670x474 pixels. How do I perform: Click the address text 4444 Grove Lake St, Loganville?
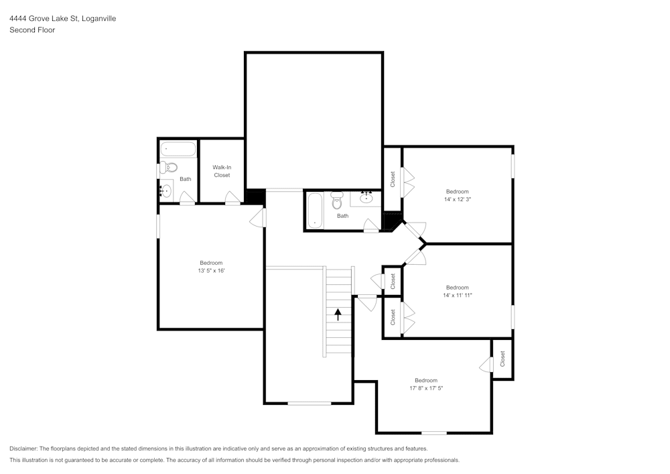pyautogui.click(x=62, y=19)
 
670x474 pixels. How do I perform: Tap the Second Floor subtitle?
pyautogui.click(x=32, y=30)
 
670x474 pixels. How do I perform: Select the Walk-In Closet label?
pyautogui.click(x=222, y=171)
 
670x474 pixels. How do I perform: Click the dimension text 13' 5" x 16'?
pyautogui.click(x=211, y=271)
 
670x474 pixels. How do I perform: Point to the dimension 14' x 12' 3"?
pyautogui.click(x=458, y=199)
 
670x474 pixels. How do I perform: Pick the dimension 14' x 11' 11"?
pyautogui.click(x=458, y=295)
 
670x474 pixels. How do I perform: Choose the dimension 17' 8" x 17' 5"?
pyautogui.click(x=425, y=388)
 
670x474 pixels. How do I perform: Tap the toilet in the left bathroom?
pyautogui.click(x=169, y=167)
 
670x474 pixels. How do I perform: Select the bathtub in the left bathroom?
pyautogui.click(x=178, y=149)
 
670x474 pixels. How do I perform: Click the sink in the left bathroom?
pyautogui.click(x=165, y=191)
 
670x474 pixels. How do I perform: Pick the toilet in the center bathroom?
pyautogui.click(x=337, y=200)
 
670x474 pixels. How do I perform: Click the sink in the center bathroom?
pyautogui.click(x=366, y=198)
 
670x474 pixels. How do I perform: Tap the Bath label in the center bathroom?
pyautogui.click(x=342, y=216)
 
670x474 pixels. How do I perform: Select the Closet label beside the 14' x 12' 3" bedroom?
pyautogui.click(x=393, y=179)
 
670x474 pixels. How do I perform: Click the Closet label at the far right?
pyautogui.click(x=503, y=359)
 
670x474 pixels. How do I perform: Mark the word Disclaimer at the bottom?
pyautogui.click(x=23, y=449)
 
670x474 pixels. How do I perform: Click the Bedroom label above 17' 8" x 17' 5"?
pyautogui.click(x=425, y=380)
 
